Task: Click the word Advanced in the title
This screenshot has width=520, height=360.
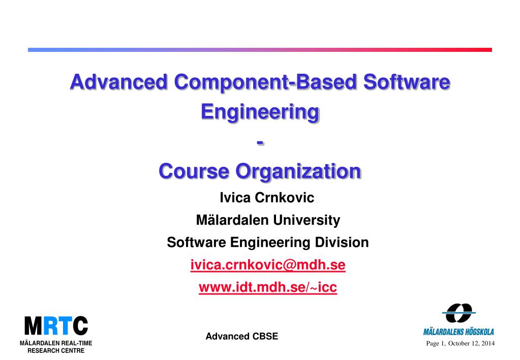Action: (x=119, y=82)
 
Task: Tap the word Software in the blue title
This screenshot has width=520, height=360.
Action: (x=407, y=82)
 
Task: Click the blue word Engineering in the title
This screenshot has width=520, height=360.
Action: (x=260, y=113)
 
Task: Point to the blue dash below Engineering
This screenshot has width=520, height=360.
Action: (x=260, y=143)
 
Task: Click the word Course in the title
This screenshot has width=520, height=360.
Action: (x=194, y=171)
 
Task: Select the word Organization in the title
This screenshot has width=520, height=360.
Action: (x=298, y=172)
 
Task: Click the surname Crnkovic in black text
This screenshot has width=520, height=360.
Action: (x=285, y=198)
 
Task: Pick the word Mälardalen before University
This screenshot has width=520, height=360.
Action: (x=232, y=220)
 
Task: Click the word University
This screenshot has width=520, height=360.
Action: (x=307, y=221)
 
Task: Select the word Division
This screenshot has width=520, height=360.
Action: (x=342, y=242)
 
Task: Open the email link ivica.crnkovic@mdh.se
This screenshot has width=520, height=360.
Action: (x=268, y=265)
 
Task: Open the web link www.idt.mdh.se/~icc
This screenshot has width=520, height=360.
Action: (x=268, y=287)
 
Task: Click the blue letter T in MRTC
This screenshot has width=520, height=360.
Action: (x=66, y=325)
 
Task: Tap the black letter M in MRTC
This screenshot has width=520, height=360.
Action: (x=34, y=325)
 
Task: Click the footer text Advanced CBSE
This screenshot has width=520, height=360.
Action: (x=242, y=337)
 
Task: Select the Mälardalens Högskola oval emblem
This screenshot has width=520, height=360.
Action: (x=459, y=313)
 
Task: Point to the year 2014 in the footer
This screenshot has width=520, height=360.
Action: (x=488, y=343)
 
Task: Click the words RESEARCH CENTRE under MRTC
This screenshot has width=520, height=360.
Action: (x=56, y=351)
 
